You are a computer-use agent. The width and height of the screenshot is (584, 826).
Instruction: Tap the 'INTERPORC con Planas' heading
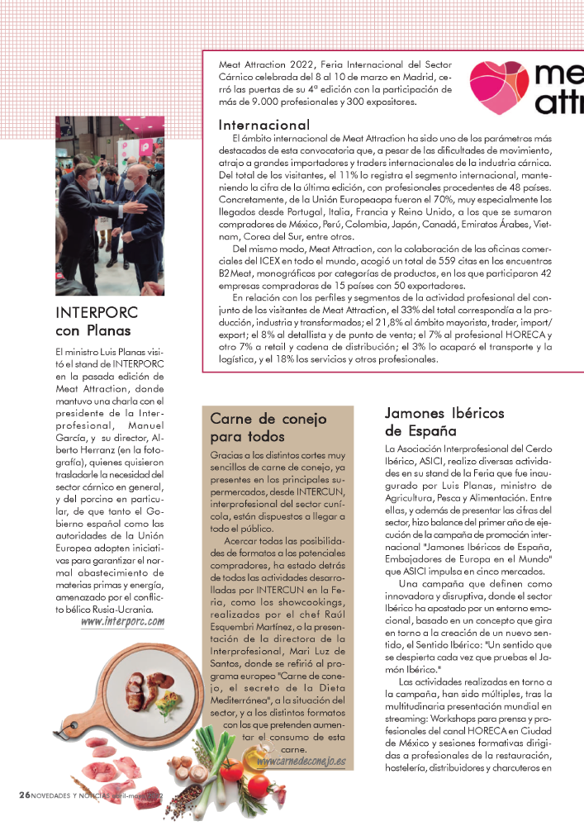tap(95, 322)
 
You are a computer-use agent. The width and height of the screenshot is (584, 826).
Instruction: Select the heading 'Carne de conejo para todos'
tap(259, 427)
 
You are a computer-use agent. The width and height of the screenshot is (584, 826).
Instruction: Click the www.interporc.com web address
tap(122, 621)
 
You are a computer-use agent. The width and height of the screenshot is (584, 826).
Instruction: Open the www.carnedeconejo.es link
tap(301, 761)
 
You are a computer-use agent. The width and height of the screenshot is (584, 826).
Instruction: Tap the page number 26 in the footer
tap(24, 794)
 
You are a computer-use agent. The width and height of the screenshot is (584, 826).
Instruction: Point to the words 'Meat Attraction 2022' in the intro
tap(260, 64)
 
